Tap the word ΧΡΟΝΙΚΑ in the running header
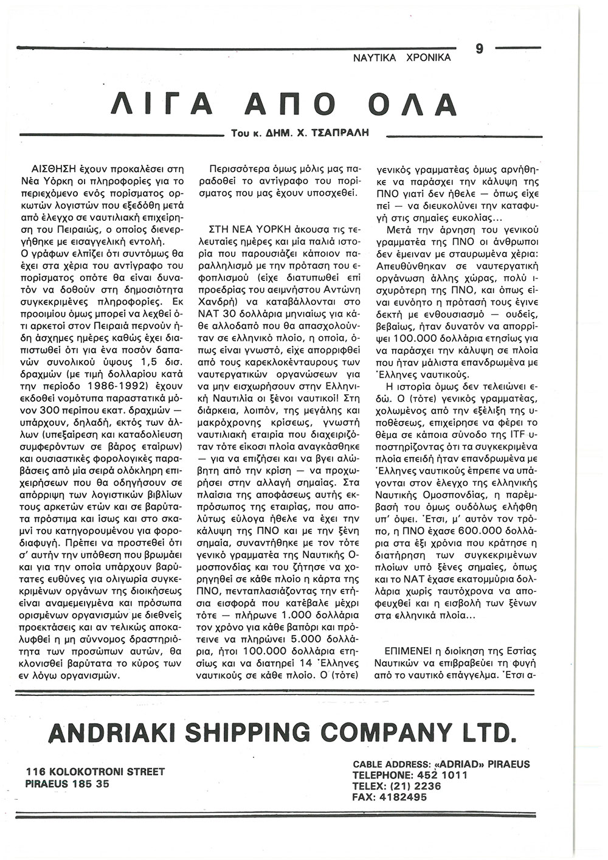tap(427, 58)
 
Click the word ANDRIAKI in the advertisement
tap(113, 732)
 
